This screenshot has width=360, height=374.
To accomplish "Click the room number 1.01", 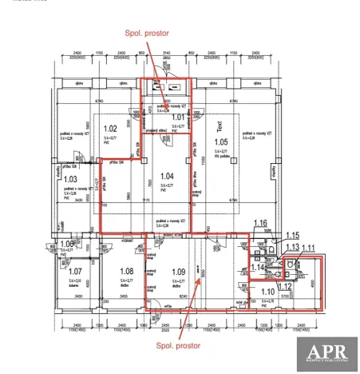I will coord(178,117).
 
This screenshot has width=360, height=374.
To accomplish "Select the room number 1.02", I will coord(111,129).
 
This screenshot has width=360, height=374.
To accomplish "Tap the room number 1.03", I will coord(71,180).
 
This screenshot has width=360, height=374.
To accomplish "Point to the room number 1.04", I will coord(166,176).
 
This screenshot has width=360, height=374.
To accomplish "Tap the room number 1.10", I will coord(267,292).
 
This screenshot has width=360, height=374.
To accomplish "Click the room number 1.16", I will coord(259,223).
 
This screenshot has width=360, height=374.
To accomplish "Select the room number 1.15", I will coord(292,235).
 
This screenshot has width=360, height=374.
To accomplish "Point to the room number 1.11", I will coord(308,248).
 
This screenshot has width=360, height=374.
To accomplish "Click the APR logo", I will coord(326,354).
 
